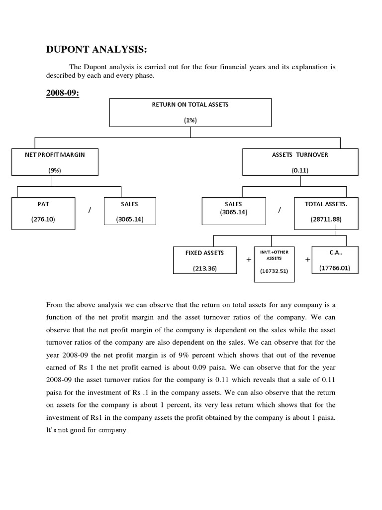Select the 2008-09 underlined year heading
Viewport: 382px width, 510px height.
coord(63,94)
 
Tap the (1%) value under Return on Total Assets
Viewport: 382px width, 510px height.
coord(191,120)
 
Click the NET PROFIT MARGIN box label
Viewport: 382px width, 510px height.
coord(55,155)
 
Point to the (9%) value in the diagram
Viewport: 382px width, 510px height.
coord(55,170)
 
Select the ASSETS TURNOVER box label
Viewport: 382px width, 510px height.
coord(300,155)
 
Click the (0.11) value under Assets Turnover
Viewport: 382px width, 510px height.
coord(300,170)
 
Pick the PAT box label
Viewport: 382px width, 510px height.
coord(43,204)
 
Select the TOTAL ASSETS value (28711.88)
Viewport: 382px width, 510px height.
coord(326,219)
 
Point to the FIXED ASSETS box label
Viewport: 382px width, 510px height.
coord(204,253)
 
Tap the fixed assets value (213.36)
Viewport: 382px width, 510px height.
coord(204,268)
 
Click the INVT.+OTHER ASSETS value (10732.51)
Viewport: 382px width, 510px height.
coord(274,271)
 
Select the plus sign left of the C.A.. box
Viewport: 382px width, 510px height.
coord(307,260)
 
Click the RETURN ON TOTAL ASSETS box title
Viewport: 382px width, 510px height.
coord(191,105)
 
